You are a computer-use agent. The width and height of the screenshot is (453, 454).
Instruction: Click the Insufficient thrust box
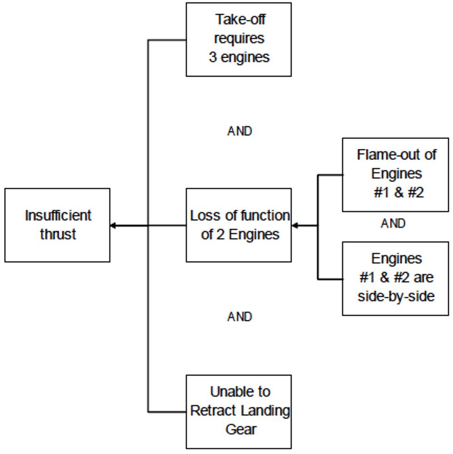[57, 225]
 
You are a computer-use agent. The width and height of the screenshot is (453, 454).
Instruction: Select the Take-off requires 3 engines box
[239, 39]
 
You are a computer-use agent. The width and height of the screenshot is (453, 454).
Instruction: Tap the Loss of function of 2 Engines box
[239, 225]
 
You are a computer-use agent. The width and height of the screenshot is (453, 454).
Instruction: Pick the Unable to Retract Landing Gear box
[239, 411]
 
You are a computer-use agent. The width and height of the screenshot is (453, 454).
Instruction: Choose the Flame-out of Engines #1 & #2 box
[395, 174]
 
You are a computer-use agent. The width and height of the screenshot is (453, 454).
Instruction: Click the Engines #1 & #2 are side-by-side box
[395, 278]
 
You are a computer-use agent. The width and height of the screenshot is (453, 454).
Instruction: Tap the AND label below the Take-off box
[240, 131]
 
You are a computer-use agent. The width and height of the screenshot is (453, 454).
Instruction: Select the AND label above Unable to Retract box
[240, 317]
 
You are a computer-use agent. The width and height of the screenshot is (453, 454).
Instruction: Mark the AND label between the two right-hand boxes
[393, 224]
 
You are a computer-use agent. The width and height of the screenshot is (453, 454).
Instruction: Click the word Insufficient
[58, 215]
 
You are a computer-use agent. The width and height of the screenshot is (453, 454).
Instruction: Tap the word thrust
[58, 234]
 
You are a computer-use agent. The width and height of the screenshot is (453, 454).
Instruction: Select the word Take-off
[240, 19]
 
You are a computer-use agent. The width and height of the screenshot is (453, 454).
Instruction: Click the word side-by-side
[396, 296]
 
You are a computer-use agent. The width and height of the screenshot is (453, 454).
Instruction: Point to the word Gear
[241, 429]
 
